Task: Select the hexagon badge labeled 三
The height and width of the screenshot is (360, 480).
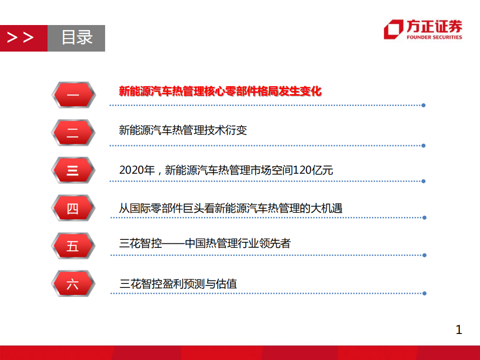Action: [x=73, y=170]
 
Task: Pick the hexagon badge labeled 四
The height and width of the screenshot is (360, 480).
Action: [x=73, y=208]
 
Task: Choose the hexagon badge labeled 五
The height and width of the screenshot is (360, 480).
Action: [x=73, y=246]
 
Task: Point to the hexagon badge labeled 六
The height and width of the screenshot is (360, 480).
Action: [x=73, y=284]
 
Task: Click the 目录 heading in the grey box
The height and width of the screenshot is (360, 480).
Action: [x=77, y=38]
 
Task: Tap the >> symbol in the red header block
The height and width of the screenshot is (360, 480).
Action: [x=21, y=38]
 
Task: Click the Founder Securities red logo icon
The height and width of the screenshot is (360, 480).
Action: [x=393, y=30]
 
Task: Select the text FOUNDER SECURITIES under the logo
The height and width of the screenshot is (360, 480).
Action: [x=434, y=37]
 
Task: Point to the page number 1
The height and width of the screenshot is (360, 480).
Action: [x=459, y=329]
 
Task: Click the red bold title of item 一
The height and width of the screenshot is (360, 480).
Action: [x=220, y=91]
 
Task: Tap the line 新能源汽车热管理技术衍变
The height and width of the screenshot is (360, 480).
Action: [x=183, y=131]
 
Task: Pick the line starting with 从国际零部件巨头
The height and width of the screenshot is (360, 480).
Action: [x=231, y=208]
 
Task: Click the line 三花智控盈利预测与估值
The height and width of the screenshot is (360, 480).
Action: [x=178, y=284]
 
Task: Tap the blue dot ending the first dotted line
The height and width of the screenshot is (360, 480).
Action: [x=423, y=105]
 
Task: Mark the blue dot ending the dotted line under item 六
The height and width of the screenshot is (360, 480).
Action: [x=424, y=293]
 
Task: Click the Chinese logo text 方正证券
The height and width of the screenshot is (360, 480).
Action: [x=434, y=27]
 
